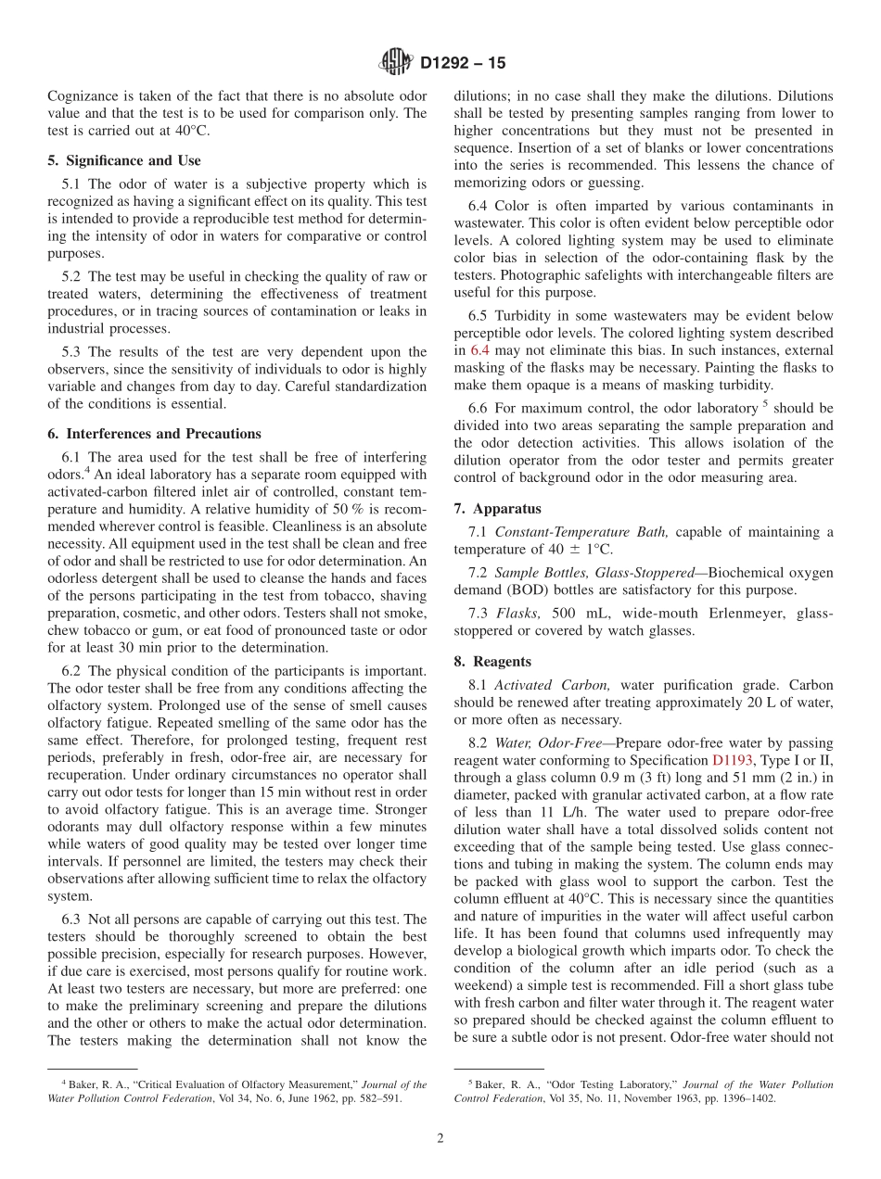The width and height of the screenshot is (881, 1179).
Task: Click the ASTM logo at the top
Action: [396, 63]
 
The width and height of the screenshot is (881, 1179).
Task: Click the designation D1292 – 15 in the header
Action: [463, 64]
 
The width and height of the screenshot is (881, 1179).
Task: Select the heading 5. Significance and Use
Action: [123, 160]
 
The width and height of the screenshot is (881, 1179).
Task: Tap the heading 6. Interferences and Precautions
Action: [154, 434]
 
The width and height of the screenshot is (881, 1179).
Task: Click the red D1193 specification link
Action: [733, 759]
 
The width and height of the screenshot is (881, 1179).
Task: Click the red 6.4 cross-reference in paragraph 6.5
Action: [479, 350]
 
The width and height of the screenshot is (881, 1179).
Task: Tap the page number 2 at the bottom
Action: [440, 1138]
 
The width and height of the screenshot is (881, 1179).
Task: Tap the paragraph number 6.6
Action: [479, 409]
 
